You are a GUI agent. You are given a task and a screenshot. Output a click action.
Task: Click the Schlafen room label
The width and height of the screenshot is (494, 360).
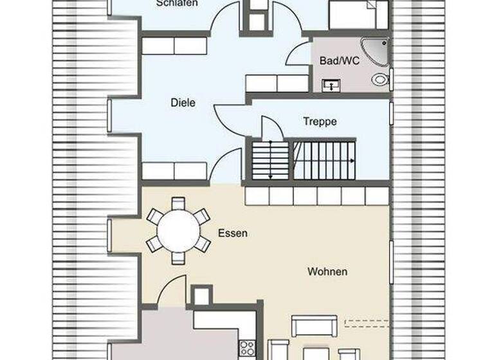[x=176, y=4]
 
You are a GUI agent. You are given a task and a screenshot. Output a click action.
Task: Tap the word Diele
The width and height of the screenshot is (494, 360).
[x=183, y=102]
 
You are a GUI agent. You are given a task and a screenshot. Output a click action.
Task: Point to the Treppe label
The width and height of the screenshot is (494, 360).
[x=320, y=121]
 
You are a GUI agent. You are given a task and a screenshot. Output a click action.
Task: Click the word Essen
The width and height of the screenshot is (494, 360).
[x=232, y=233]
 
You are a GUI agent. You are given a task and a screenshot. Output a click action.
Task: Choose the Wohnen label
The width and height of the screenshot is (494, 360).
[x=327, y=271]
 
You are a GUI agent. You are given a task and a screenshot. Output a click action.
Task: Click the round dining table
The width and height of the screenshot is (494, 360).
[x=178, y=231]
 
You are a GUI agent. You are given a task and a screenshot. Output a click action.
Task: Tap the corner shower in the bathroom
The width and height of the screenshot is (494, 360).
[x=376, y=51]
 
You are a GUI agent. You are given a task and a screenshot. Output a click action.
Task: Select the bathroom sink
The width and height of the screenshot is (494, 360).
[x=332, y=85]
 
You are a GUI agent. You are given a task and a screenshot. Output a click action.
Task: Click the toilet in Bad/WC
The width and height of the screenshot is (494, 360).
[x=380, y=80]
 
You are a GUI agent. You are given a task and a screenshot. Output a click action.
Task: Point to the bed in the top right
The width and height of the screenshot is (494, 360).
[x=358, y=14]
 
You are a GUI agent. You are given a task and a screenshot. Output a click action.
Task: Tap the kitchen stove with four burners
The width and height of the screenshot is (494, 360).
[x=248, y=348]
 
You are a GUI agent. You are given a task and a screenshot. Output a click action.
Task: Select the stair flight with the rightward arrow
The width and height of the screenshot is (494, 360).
[x=324, y=160]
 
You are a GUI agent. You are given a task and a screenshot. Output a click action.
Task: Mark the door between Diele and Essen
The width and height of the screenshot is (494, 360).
[x=225, y=167]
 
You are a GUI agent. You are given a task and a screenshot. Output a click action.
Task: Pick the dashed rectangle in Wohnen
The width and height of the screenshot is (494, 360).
[x=367, y=323]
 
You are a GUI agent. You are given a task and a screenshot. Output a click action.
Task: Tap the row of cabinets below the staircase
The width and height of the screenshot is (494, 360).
[x=316, y=196]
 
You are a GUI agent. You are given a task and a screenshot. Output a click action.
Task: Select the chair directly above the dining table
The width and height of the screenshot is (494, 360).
[x=178, y=204]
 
